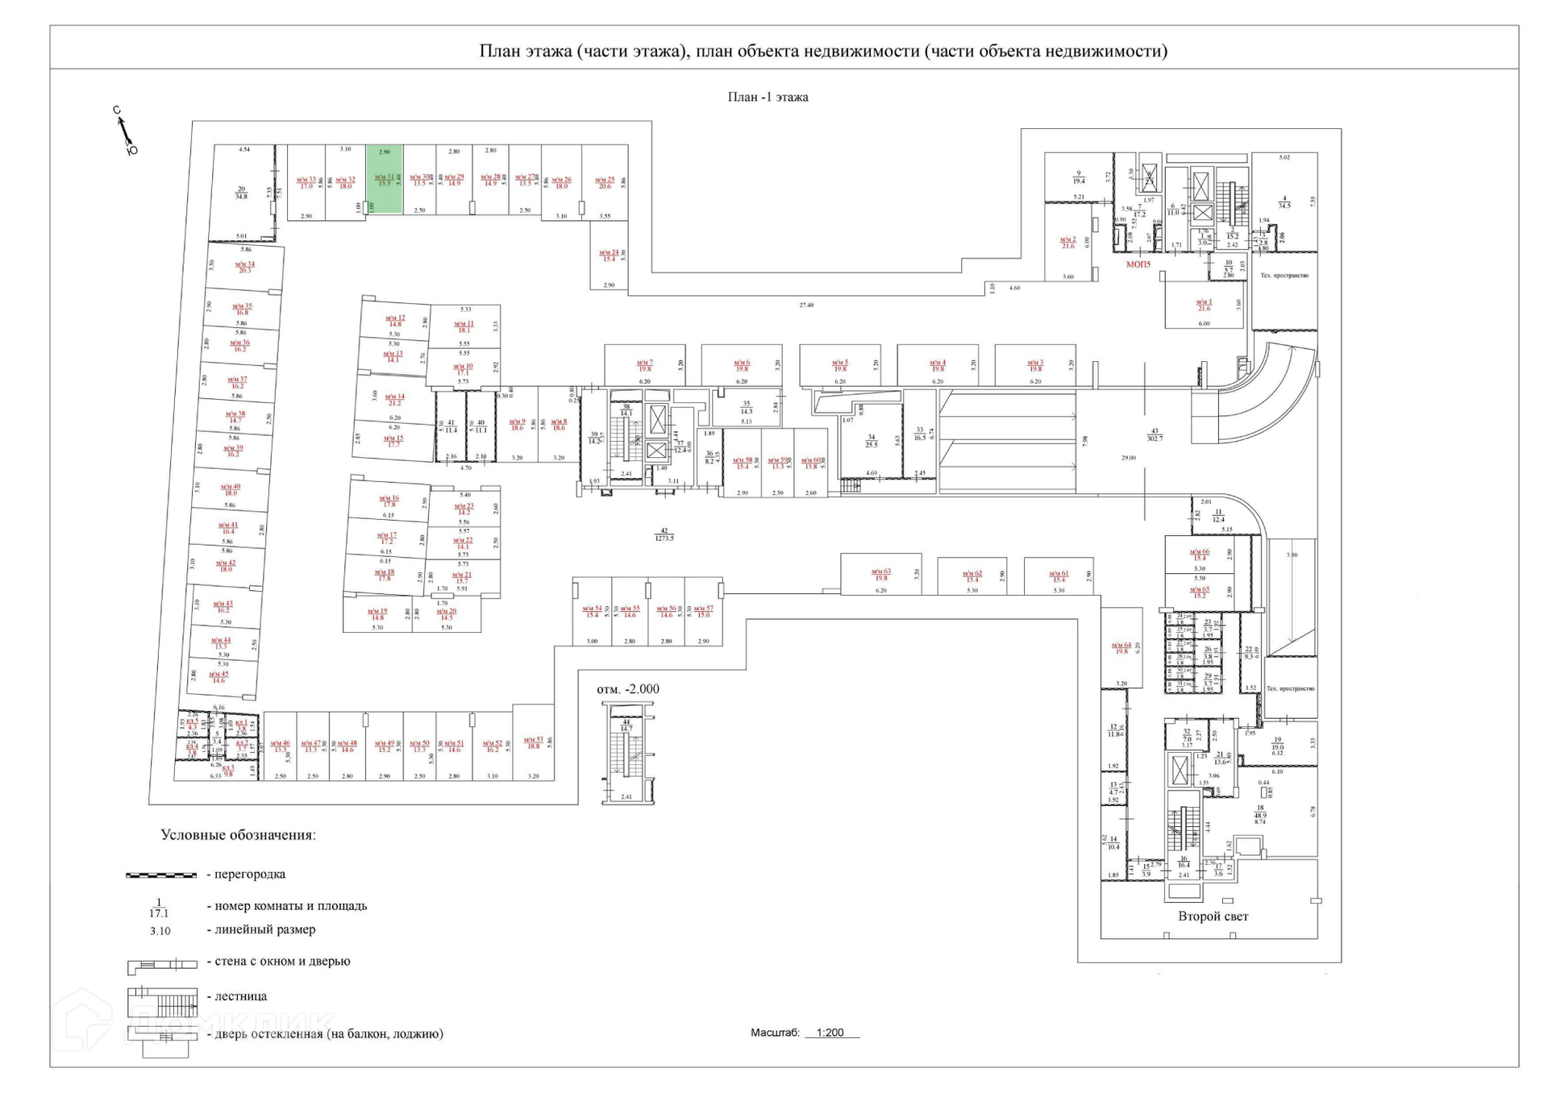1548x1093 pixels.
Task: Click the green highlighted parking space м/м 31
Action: point(385,179)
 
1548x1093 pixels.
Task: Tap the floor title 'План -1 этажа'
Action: point(768,97)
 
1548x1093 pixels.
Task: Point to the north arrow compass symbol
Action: point(125,131)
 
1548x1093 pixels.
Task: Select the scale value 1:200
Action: point(830,1033)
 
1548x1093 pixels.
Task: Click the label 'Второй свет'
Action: point(1213,916)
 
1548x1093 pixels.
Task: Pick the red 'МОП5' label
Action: point(1138,264)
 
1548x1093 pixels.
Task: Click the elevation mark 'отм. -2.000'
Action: point(627,689)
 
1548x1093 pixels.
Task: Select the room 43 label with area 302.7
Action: point(1155,435)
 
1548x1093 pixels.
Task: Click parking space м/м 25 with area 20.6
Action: point(605,183)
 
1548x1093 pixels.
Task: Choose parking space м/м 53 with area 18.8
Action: point(533,743)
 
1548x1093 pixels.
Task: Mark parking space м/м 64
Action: point(1121,648)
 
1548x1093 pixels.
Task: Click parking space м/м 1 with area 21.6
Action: point(1204,305)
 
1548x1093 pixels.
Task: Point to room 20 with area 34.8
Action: point(241,193)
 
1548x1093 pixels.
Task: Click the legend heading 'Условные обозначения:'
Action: point(238,835)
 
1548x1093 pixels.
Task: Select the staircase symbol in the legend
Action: point(162,1002)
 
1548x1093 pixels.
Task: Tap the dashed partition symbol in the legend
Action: point(161,875)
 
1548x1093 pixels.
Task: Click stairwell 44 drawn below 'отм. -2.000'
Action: point(626,754)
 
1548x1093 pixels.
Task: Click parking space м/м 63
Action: point(880,575)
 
